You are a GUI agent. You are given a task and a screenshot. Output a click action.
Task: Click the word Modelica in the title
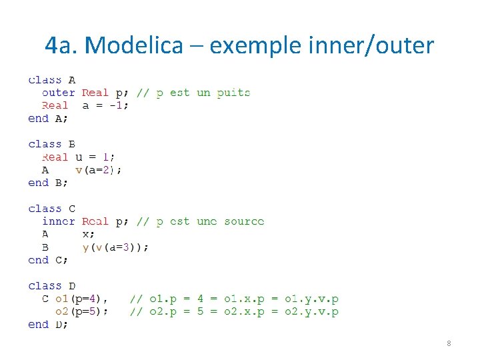134,45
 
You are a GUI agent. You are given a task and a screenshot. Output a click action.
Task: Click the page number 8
449,343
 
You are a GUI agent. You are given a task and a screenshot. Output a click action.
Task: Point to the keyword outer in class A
59,93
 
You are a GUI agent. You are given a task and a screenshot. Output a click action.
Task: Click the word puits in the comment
233,93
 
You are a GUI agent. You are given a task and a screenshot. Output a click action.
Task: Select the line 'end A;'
48,119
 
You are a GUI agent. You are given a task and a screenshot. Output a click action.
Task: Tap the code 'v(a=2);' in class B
98,170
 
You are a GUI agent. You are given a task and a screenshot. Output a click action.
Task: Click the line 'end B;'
48,183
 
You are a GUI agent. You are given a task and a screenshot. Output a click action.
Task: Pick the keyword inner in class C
59,221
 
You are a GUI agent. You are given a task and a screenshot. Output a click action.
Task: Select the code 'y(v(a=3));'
115,247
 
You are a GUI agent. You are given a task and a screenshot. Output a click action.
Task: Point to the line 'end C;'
48,260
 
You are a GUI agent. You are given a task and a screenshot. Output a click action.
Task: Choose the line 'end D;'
48,325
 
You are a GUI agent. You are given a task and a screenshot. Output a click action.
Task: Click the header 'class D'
52,286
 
